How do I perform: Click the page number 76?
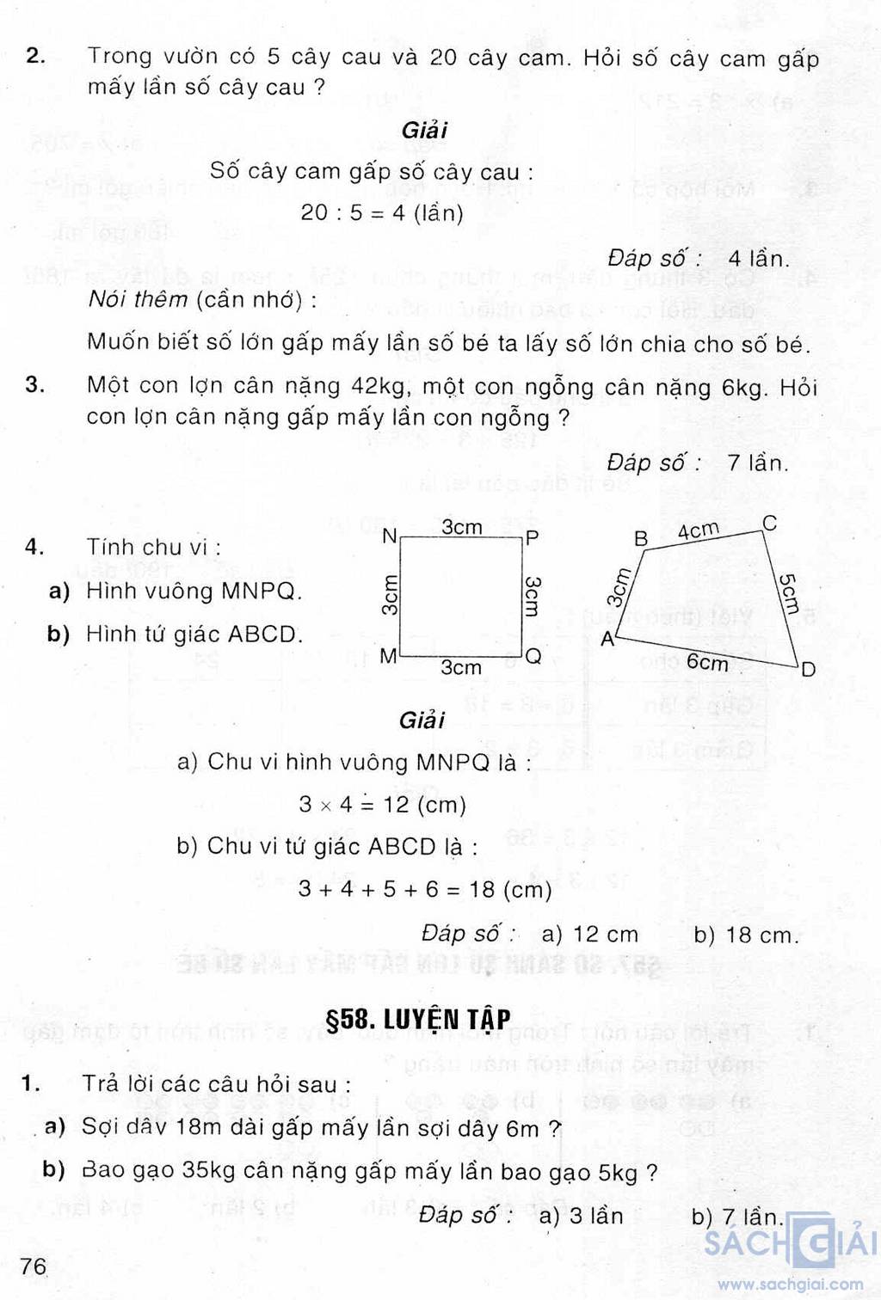tap(34, 1266)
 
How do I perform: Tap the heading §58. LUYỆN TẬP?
tap(419, 1019)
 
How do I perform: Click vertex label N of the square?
tap(389, 537)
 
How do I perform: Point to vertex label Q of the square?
tap(533, 657)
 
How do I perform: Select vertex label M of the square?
tap(388, 657)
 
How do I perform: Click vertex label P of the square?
tap(533, 538)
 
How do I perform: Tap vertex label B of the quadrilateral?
tap(641, 539)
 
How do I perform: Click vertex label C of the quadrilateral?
tap(770, 523)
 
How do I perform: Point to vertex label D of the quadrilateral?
tap(808, 669)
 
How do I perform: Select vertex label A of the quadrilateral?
tap(608, 639)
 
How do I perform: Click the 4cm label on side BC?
tap(698, 530)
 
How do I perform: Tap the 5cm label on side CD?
tap(788, 594)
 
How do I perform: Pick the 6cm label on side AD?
tap(707, 662)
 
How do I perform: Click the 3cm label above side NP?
tap(462, 527)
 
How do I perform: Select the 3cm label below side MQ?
tap(462, 667)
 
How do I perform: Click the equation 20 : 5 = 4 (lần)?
tap(382, 212)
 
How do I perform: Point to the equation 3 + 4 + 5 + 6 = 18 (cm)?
tap(425, 888)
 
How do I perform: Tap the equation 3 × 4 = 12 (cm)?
tap(382, 805)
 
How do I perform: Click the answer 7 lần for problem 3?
tap(757, 463)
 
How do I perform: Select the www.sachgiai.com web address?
tap(791, 1285)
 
